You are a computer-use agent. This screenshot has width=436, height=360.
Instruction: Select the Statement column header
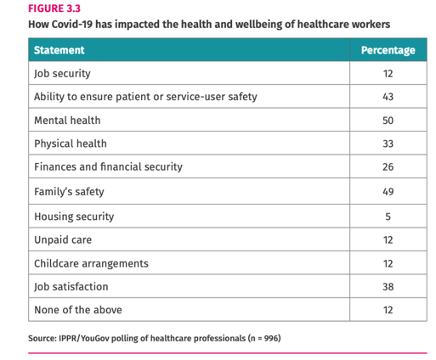click(x=59, y=50)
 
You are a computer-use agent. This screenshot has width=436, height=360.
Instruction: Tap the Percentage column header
click(x=388, y=50)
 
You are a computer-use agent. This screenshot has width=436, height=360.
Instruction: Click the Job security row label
click(x=62, y=73)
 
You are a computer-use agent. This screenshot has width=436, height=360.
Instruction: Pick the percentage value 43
click(x=388, y=97)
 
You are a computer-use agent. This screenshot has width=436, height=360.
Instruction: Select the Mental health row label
click(x=67, y=121)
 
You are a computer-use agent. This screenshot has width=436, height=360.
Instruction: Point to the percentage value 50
click(x=388, y=121)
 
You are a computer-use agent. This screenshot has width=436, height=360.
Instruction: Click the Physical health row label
click(x=71, y=144)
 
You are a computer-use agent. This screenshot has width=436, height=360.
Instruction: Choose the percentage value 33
click(x=388, y=144)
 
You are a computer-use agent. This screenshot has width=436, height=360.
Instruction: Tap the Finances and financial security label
click(x=108, y=167)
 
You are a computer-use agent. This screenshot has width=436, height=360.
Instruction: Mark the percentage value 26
click(x=388, y=167)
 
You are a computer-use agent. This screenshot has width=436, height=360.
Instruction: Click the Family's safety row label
click(x=71, y=192)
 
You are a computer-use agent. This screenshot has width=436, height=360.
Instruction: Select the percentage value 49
click(x=388, y=192)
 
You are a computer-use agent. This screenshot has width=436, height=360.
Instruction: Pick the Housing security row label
click(x=74, y=216)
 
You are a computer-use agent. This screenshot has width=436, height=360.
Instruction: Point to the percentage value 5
click(x=388, y=216)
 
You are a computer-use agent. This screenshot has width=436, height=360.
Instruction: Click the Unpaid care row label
click(x=63, y=239)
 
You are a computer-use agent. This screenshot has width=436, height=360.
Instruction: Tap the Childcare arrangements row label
click(x=91, y=263)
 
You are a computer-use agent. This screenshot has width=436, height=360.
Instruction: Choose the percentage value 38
click(x=388, y=287)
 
